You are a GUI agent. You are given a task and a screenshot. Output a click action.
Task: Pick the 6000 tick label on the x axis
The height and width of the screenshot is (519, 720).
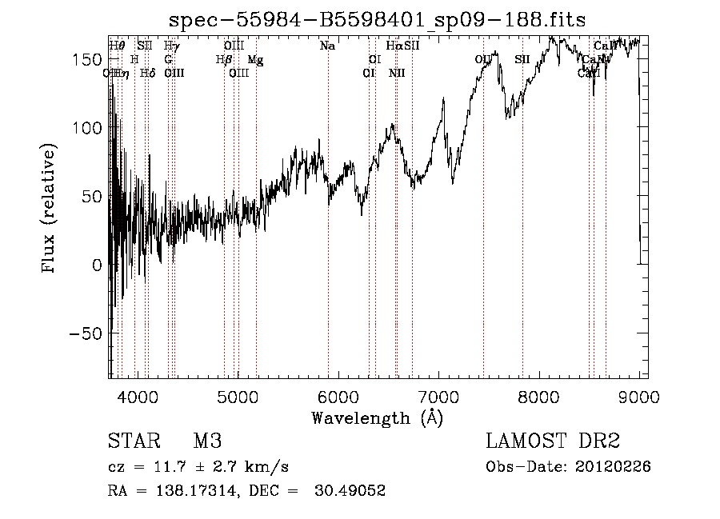[338, 397]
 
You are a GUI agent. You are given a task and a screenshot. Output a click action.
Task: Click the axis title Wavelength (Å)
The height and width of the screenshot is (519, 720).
[377, 417]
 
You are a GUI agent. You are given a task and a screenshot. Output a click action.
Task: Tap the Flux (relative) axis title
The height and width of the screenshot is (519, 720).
[50, 210]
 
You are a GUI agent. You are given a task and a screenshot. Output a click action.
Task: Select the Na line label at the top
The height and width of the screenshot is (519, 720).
[327, 46]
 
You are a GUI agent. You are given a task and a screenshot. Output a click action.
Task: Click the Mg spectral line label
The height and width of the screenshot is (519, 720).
[255, 60]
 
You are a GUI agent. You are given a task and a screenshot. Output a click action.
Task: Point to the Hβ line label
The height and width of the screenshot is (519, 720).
[223, 60]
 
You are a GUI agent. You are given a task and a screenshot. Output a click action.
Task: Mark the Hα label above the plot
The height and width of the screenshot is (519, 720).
[394, 46]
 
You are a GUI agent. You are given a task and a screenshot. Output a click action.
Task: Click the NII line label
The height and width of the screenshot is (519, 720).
[397, 74]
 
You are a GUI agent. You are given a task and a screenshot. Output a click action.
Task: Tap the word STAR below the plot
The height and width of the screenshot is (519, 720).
[132, 441]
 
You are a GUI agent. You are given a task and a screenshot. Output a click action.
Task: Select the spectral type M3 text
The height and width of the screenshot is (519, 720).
[207, 441]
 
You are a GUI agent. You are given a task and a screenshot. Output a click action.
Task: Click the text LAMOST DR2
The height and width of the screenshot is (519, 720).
[553, 441]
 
